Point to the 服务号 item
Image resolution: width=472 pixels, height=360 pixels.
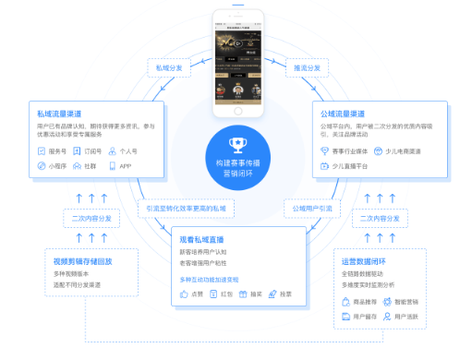52,151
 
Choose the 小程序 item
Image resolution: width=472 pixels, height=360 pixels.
54,167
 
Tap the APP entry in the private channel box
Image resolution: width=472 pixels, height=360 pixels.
120,167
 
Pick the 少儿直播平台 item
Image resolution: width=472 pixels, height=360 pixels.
348,167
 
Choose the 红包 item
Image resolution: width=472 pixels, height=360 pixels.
223,294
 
